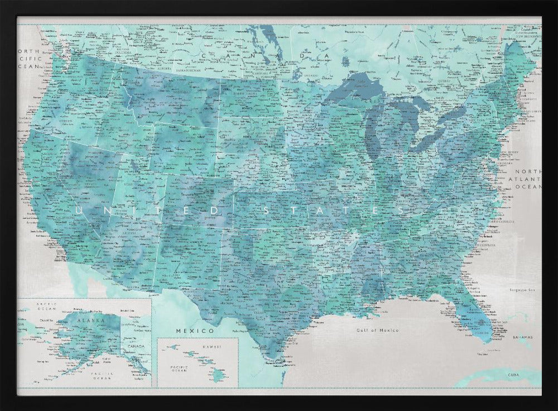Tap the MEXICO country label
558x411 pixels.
(187, 331)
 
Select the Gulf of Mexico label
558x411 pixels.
(378, 330)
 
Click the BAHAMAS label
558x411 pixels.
(523, 337)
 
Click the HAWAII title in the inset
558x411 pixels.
(211, 347)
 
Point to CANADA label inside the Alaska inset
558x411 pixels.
(136, 346)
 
